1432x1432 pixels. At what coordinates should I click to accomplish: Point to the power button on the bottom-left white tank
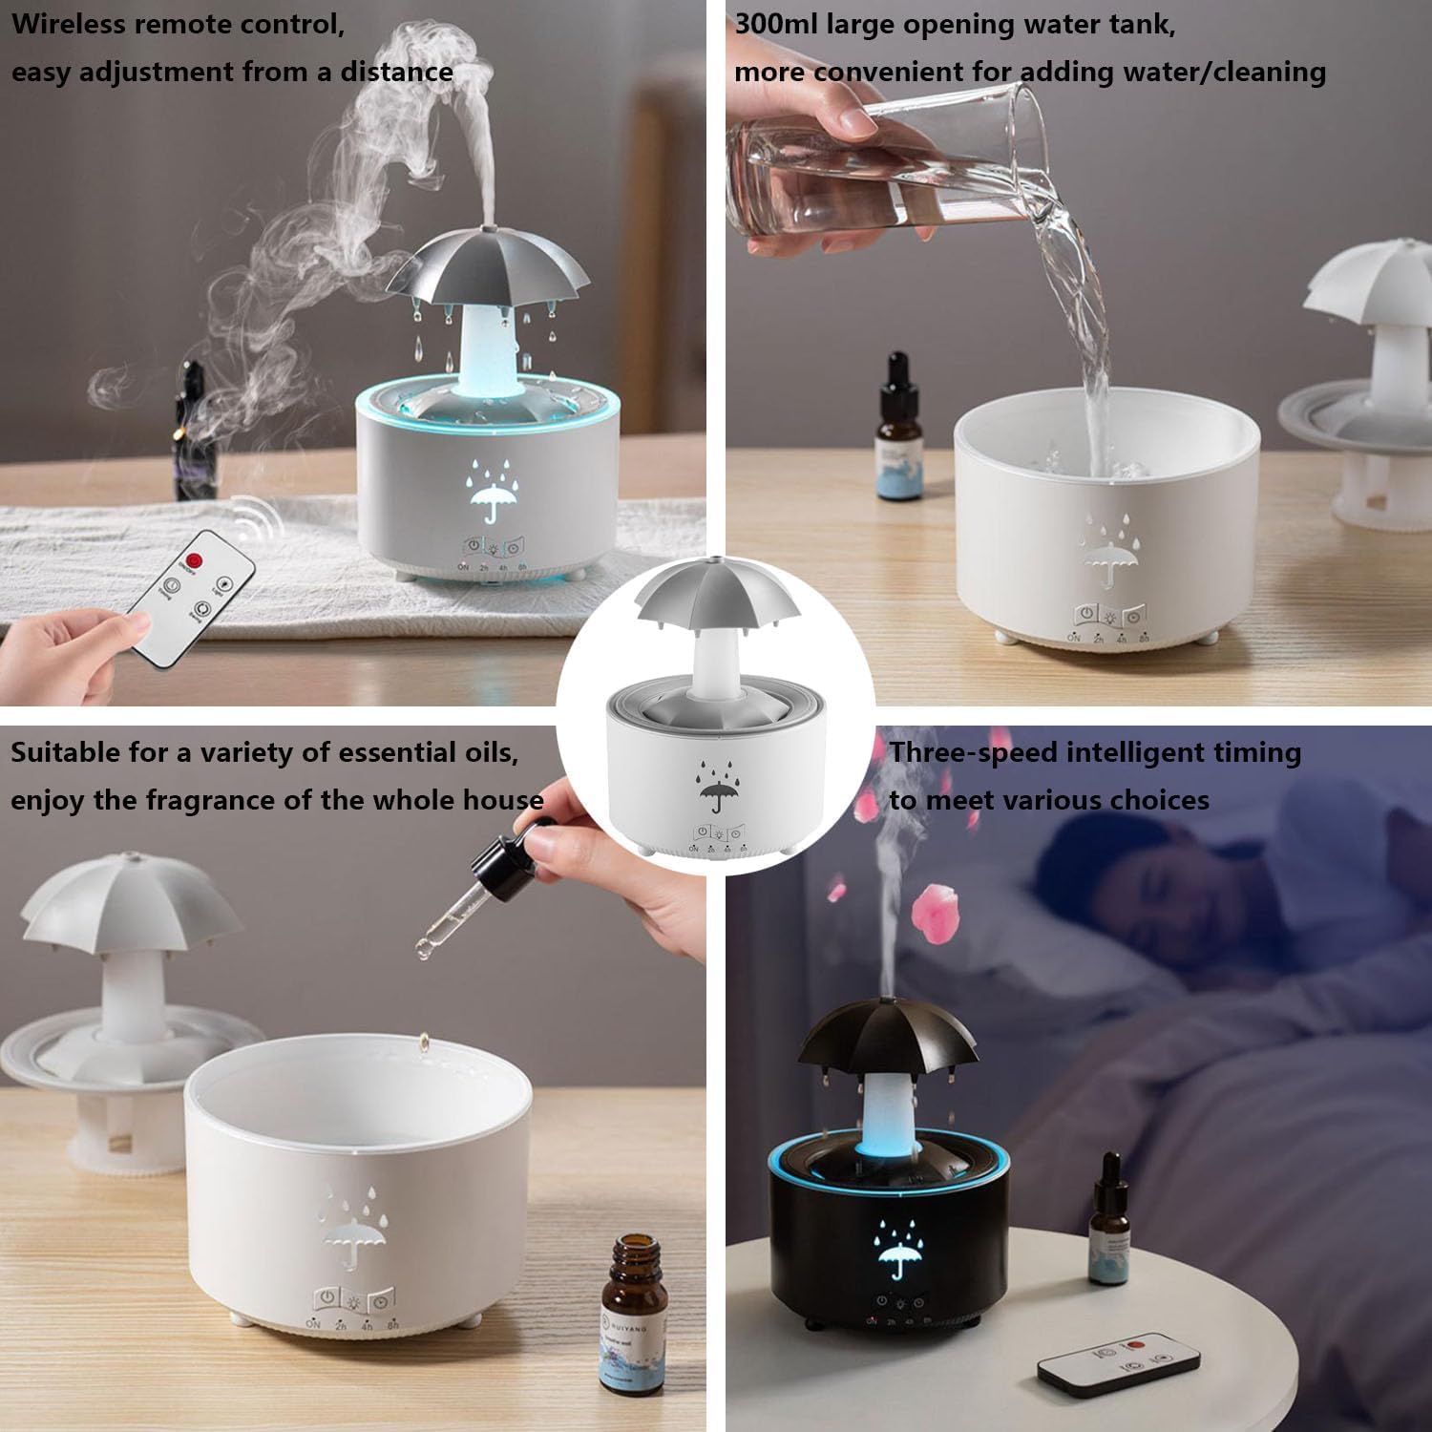click(327, 1299)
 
